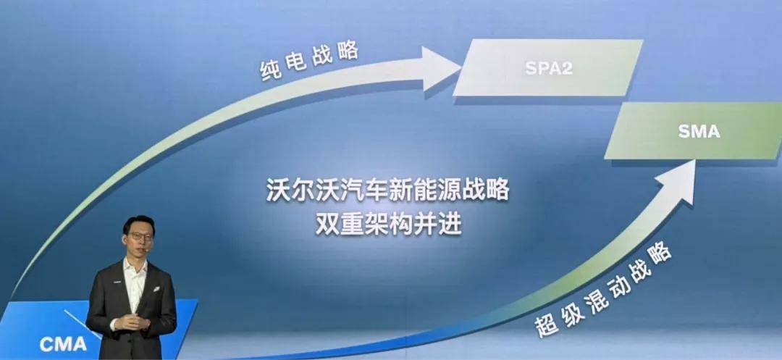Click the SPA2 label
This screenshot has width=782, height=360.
point(549,68)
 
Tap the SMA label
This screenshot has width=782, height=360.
point(699,131)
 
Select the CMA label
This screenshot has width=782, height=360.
point(63,344)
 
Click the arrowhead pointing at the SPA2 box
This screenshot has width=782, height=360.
point(441,69)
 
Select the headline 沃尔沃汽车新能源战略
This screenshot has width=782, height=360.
point(387,192)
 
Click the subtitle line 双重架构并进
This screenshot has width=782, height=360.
point(388,225)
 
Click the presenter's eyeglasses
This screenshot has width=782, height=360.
point(140,236)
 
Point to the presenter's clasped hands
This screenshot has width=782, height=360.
point(131,322)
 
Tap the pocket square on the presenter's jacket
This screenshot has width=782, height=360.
point(156,289)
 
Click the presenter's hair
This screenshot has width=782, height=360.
point(138,224)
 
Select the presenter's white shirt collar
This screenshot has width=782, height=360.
point(135,266)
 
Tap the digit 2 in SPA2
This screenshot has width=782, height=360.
point(566,68)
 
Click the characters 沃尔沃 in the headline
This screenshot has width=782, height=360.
point(302,192)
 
